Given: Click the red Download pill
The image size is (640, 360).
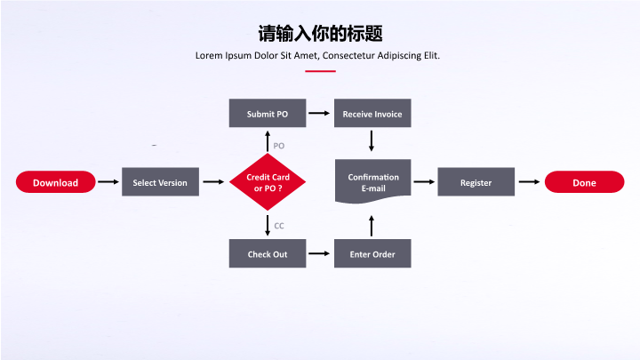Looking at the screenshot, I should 55,182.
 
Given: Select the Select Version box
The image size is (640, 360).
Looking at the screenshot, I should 160,182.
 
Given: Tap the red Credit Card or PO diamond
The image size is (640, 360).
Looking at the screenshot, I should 268,182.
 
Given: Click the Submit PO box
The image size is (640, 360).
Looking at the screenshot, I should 268,114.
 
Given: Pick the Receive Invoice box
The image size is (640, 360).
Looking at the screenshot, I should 372,114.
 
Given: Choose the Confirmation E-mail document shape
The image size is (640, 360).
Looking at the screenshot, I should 372,182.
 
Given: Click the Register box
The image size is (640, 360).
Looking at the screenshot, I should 476,182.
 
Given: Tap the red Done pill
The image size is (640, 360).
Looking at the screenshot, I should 584,182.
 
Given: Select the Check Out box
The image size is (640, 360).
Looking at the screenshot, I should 268,254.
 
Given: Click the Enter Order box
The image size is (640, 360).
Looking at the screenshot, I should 372,254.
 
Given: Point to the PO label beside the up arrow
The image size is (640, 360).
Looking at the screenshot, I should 278,145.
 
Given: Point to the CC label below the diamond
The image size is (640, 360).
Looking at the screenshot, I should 278,226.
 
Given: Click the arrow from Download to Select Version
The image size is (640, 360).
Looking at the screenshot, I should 108,182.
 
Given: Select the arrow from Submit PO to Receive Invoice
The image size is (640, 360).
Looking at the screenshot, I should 319,114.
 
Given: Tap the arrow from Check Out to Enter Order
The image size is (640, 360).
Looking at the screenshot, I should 319,254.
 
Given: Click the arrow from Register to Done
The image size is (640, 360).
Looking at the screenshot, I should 530,182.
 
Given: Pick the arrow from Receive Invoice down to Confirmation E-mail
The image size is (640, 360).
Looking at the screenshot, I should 372,140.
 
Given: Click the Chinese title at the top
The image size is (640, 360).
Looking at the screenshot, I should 320,34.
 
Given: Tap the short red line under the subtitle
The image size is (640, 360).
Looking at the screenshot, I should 320,71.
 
